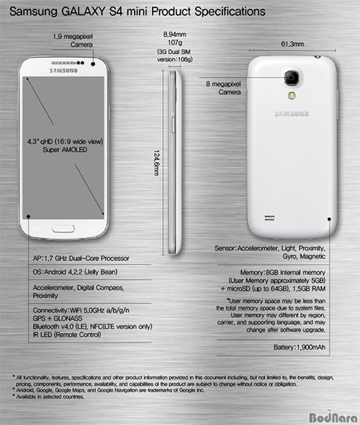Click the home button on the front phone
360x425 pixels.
(x=63, y=229)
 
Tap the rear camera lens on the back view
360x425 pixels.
(x=292, y=78)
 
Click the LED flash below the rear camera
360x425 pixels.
(x=292, y=95)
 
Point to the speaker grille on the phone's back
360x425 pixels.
(x=269, y=218)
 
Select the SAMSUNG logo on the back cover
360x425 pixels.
(x=292, y=114)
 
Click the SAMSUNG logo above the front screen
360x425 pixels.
(x=63, y=71)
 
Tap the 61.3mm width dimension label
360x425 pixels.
(x=292, y=44)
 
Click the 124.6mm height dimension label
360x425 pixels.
(x=156, y=163)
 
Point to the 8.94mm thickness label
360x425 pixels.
(x=175, y=35)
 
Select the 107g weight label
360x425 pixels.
(x=175, y=42)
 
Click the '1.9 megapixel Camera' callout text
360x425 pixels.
(x=73, y=40)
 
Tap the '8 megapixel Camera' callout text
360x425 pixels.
(x=223, y=88)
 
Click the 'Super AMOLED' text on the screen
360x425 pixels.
(x=65, y=150)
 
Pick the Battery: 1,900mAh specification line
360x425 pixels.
(x=300, y=347)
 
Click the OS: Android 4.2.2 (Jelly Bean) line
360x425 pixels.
(x=75, y=272)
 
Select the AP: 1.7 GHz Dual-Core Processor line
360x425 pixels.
(x=81, y=259)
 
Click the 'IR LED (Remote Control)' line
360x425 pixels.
(x=67, y=335)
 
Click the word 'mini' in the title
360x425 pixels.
(x=138, y=12)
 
